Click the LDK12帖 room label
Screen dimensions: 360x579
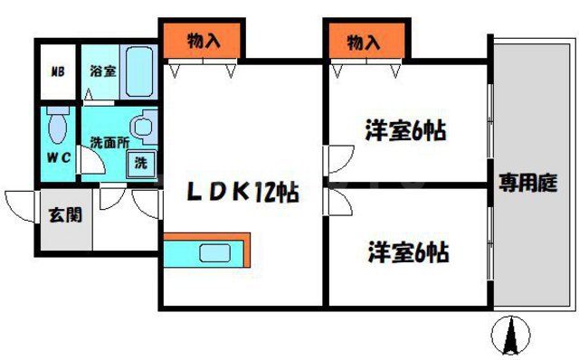coord(243,192)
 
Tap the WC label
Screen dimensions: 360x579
coord(58,156)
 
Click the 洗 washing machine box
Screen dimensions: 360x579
coord(142,165)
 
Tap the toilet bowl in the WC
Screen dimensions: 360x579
coord(59,128)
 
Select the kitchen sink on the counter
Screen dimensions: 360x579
coord(216,254)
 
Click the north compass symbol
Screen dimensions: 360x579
coord(510,336)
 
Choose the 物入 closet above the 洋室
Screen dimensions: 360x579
coord(364,40)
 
